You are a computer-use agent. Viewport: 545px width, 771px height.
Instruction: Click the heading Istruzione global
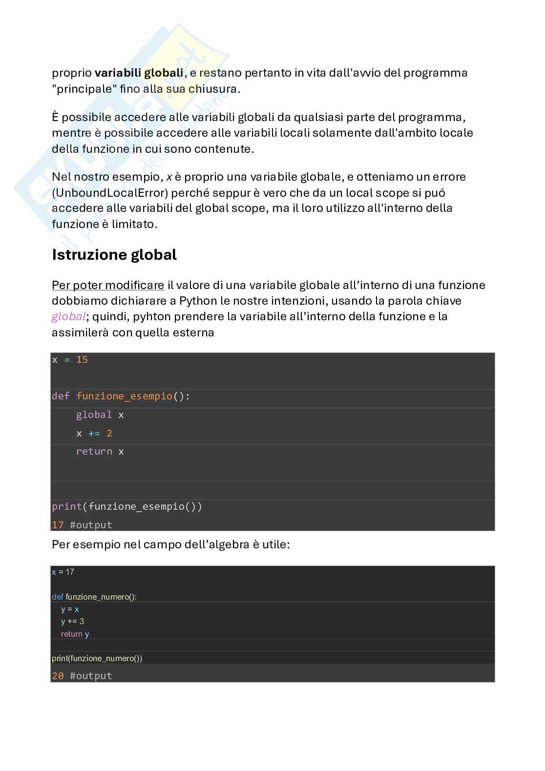[x=114, y=255]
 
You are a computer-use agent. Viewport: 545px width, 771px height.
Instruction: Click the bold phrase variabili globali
[x=139, y=73]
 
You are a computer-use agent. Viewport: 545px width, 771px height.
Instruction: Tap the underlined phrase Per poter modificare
[x=108, y=285]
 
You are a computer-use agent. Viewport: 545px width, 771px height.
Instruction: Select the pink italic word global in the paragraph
[x=68, y=317]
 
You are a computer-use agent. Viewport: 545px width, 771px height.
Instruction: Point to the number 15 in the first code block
[x=82, y=360]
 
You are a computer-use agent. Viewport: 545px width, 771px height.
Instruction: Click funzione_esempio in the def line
[x=124, y=396]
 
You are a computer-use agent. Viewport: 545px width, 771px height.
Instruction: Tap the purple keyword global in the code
[x=94, y=415]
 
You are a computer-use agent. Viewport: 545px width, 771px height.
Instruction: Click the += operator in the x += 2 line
[x=94, y=434]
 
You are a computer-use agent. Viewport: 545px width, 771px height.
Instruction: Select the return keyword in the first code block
[x=94, y=452]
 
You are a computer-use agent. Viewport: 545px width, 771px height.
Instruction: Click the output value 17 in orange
[x=58, y=525]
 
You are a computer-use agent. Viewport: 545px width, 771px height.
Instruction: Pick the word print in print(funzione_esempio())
[x=66, y=507]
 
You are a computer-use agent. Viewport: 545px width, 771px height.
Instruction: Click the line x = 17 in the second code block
[x=63, y=572]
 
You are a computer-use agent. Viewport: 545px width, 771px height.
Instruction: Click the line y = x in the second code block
[x=70, y=609]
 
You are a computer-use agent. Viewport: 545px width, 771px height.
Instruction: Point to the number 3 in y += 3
[x=82, y=622]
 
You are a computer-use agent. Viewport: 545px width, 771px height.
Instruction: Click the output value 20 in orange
[x=58, y=676]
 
